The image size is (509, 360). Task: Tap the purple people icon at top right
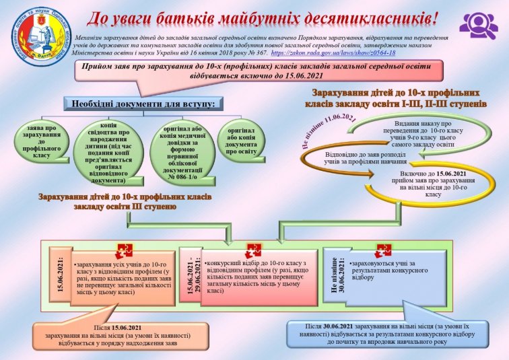(479, 22)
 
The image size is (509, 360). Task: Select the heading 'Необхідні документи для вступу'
(141, 104)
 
